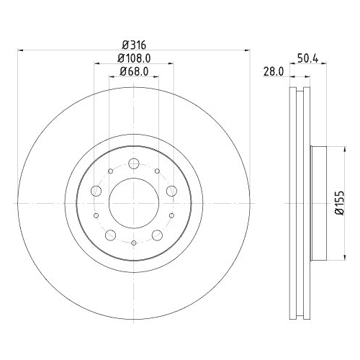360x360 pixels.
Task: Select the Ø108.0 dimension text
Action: (134, 57)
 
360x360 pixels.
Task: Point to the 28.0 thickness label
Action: (271, 71)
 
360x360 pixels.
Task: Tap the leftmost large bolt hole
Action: (96, 192)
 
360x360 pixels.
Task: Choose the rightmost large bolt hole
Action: (171, 192)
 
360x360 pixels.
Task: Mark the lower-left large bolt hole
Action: (110, 235)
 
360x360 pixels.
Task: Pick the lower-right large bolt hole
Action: (157, 235)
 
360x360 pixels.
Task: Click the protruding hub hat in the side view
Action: (320, 204)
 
